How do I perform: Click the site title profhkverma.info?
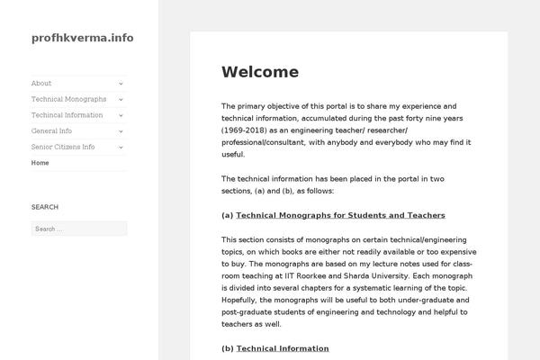pos(82,38)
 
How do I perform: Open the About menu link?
pos(41,83)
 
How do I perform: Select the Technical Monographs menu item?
pos(68,99)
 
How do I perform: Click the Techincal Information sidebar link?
pos(67,115)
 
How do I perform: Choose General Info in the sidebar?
pos(51,131)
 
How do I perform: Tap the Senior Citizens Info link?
pos(63,147)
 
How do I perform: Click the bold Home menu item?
pos(40,163)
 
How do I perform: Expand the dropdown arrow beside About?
pos(121,83)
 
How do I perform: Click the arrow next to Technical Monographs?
pos(121,99)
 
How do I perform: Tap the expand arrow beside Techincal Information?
pos(121,115)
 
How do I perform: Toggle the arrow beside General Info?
pos(121,131)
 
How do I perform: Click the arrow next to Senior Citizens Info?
pos(121,147)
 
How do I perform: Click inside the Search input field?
pos(78,229)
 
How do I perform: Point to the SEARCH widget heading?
pos(45,207)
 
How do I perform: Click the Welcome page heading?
pos(260,72)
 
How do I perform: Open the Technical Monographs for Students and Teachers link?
pos(340,215)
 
